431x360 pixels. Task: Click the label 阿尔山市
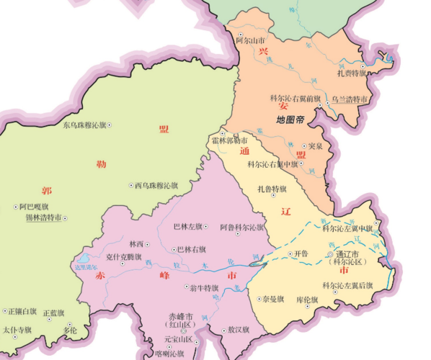pos(251,41)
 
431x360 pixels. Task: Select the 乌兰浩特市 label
pos(349,99)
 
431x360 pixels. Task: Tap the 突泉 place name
pos(314,146)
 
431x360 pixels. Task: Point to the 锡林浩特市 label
pos(44,217)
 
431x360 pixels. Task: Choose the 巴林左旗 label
pos(190,227)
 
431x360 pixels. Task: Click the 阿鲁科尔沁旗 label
pos(241,227)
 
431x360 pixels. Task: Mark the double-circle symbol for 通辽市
pos(331,255)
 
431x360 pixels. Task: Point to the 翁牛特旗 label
pos(204,287)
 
